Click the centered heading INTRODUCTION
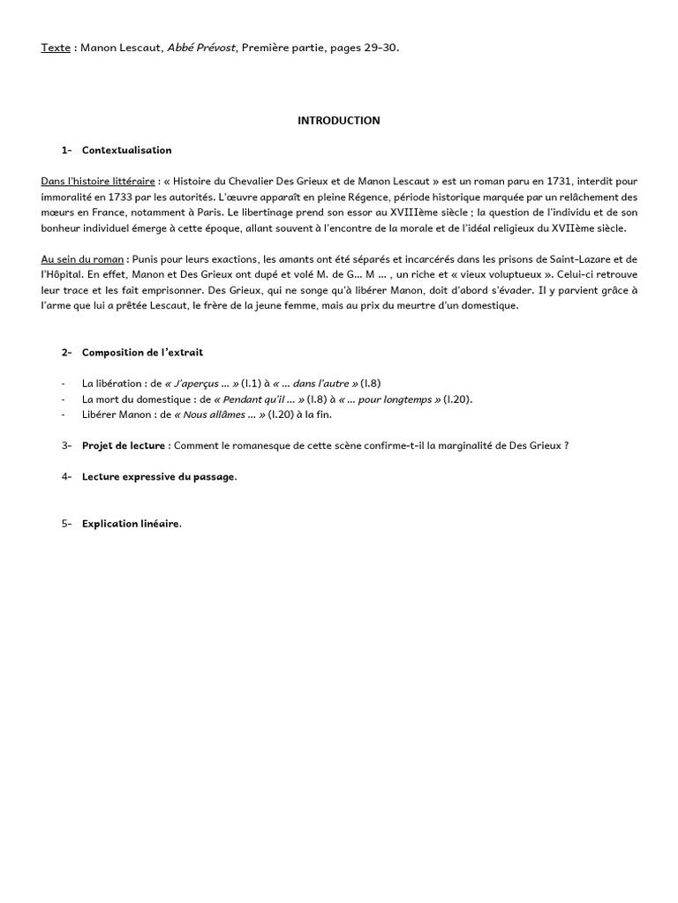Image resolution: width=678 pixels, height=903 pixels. (x=338, y=121)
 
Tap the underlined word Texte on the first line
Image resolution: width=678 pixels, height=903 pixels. (x=56, y=48)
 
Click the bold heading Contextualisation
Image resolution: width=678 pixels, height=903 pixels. (x=126, y=151)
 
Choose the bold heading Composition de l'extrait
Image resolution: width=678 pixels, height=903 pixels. (x=142, y=353)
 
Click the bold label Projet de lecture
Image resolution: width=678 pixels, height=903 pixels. (x=124, y=445)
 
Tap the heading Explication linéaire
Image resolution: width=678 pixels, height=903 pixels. (x=131, y=524)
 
